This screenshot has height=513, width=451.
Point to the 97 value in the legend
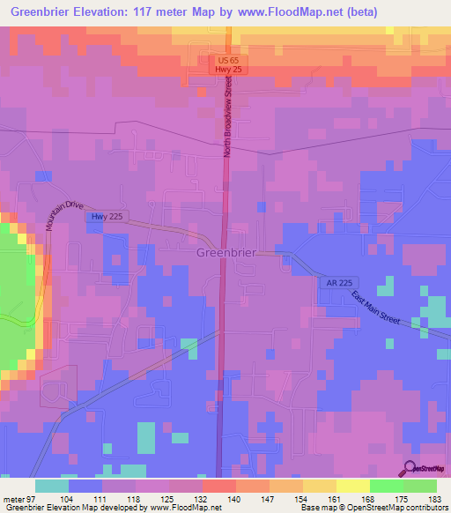pyautogui.click(x=33, y=498)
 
